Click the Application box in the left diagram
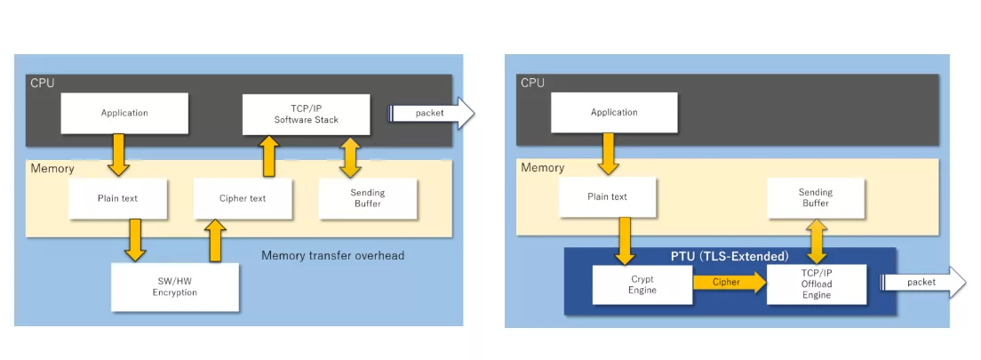point(124,113)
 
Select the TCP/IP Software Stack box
point(307,113)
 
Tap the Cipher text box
point(243,198)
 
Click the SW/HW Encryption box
point(174,286)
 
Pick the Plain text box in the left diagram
point(117,198)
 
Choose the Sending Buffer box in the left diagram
point(367,198)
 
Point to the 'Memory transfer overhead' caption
point(332,256)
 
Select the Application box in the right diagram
point(614,112)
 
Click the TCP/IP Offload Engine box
point(816,284)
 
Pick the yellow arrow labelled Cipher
point(726,284)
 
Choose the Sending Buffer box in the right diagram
point(815,197)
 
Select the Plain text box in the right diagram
point(608,197)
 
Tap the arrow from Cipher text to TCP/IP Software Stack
point(269,156)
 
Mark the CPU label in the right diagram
point(533,83)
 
